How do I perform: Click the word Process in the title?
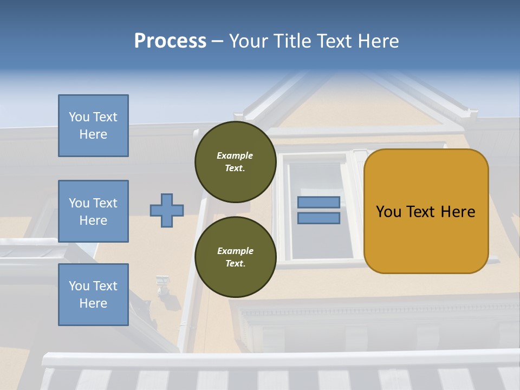pyautogui.click(x=170, y=41)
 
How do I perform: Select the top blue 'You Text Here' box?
pyautogui.click(x=93, y=126)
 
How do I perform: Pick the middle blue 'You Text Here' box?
pyautogui.click(x=93, y=211)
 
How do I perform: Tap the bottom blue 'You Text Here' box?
pyautogui.click(x=93, y=294)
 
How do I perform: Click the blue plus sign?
pyautogui.click(x=167, y=210)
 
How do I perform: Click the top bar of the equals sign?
pyautogui.click(x=318, y=202)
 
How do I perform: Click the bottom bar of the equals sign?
pyautogui.click(x=318, y=218)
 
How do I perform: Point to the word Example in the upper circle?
pyautogui.click(x=235, y=155)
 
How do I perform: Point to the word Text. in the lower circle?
pyautogui.click(x=235, y=264)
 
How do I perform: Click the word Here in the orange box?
pyautogui.click(x=458, y=212)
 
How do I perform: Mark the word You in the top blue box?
pyautogui.click(x=79, y=117)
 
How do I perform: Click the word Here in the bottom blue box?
pyautogui.click(x=93, y=303)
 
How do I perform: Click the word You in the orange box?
pyautogui.click(x=388, y=212)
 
